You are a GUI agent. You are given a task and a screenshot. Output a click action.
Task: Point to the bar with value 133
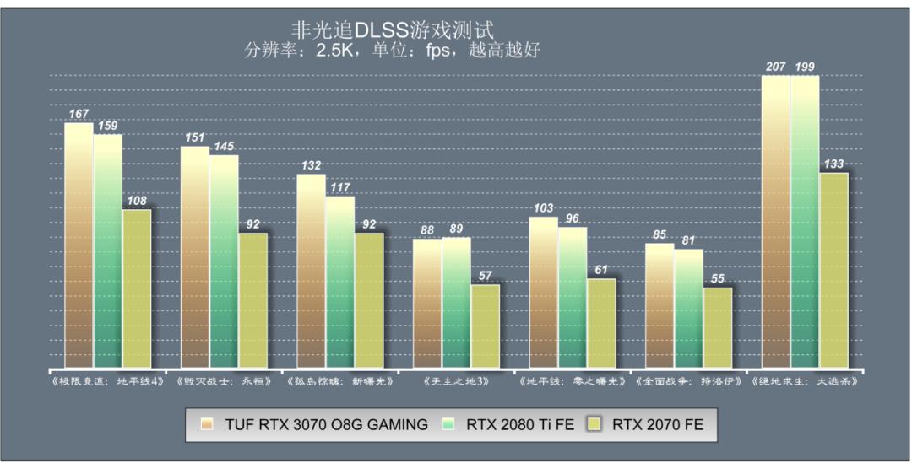coord(833,271)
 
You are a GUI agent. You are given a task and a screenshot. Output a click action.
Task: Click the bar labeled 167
coord(79,245)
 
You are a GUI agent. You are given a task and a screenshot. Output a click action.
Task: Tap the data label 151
coord(195,137)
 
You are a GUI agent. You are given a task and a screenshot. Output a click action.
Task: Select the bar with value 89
coord(456,303)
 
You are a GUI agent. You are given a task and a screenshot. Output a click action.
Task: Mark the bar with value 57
coord(486,326)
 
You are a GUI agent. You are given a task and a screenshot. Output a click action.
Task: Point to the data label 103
coord(543,208)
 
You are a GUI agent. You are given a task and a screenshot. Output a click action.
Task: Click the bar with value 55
coord(718,328)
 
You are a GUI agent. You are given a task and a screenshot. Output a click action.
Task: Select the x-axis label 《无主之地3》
coord(456,381)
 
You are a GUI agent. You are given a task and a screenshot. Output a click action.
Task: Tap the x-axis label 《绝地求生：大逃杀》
coord(804,381)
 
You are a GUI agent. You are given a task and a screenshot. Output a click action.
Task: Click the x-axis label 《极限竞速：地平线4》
coord(107,381)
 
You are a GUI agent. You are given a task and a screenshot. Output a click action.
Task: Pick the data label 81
coord(688,240)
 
